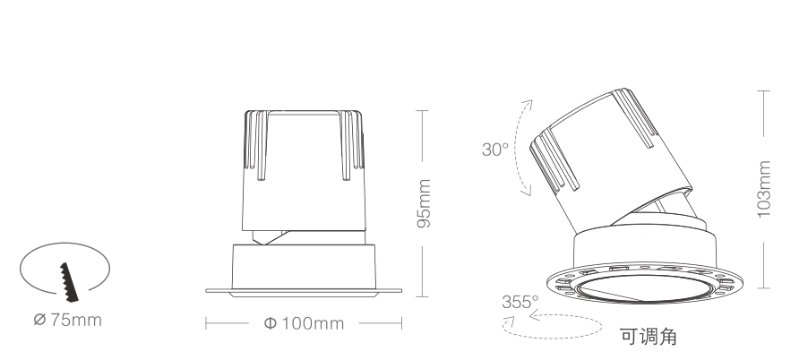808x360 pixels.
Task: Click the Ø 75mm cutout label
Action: click(67, 320)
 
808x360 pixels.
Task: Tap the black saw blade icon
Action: click(69, 282)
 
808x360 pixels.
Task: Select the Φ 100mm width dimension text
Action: click(304, 323)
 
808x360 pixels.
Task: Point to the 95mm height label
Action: click(424, 203)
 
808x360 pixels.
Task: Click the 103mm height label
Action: click(764, 190)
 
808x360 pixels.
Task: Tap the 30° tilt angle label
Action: click(495, 150)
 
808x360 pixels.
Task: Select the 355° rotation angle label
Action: click(520, 302)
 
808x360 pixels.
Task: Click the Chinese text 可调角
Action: click(649, 337)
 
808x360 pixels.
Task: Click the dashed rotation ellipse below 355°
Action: click(552, 339)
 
